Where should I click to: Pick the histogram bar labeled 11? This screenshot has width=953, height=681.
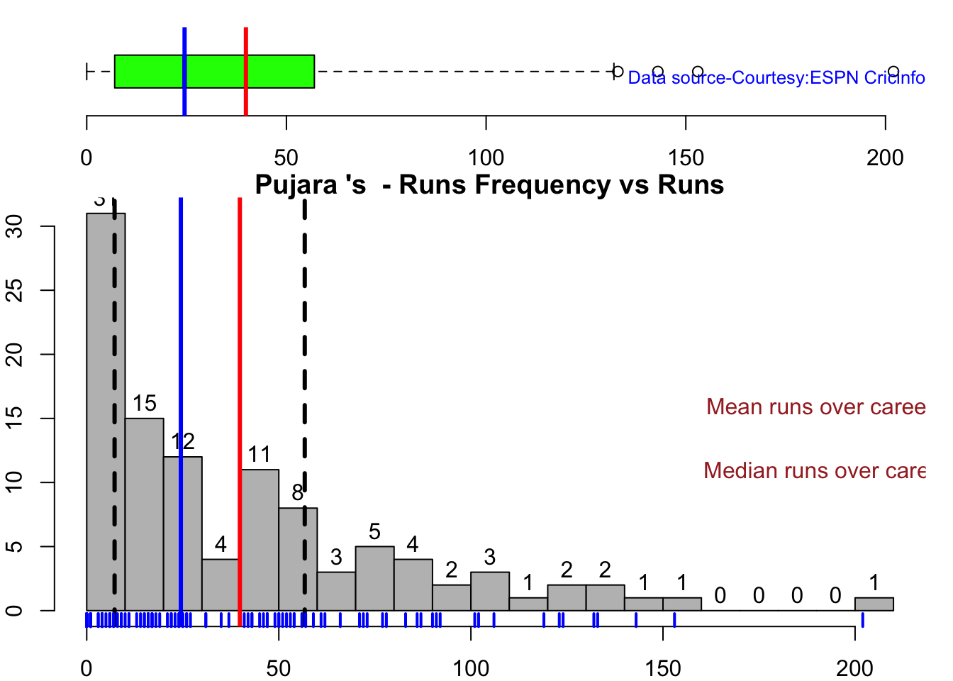[x=260, y=539]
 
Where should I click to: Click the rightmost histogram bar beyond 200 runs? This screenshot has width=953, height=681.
[x=874, y=604]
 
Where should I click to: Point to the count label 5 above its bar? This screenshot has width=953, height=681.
[x=374, y=531]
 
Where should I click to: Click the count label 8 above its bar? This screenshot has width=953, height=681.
[x=298, y=493]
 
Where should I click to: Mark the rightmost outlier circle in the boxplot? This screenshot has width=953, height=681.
[x=893, y=72]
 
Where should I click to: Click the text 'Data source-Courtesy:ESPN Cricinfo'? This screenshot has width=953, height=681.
[x=776, y=78]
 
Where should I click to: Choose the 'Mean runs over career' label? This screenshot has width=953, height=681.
[x=815, y=407]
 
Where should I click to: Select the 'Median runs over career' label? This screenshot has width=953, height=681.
[x=814, y=471]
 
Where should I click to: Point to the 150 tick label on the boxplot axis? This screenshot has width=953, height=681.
[x=686, y=157]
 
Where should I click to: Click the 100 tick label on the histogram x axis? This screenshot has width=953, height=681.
[x=471, y=668]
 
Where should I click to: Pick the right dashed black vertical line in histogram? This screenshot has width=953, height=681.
[x=304, y=355]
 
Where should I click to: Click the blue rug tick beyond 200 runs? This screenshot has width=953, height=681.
[x=862, y=620]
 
